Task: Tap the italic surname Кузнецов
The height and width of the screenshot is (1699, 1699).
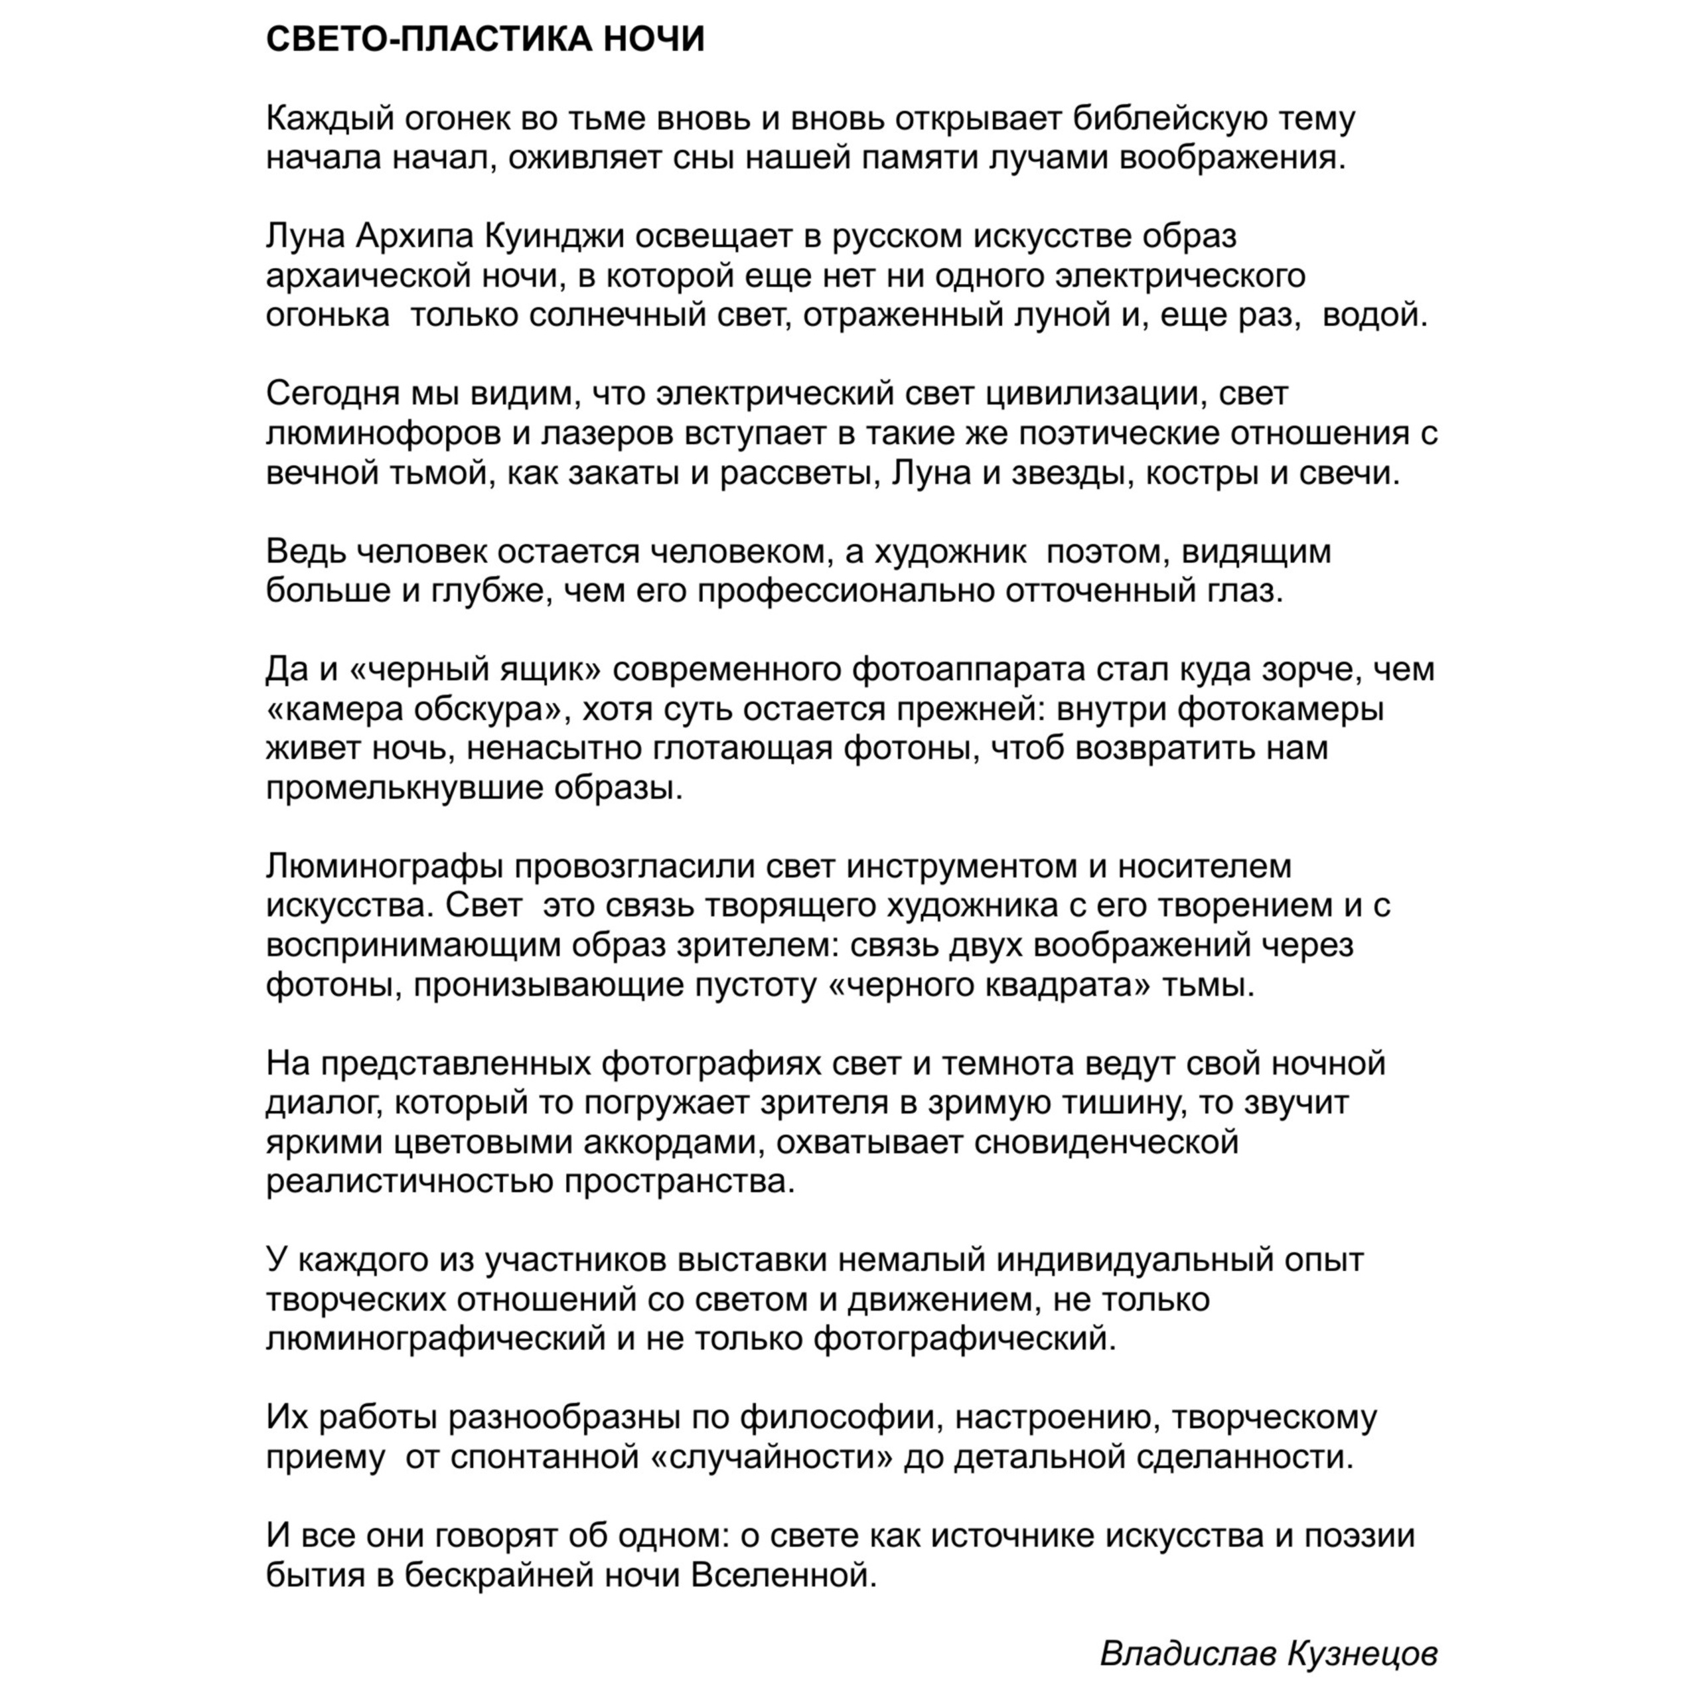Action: [1363, 1654]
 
